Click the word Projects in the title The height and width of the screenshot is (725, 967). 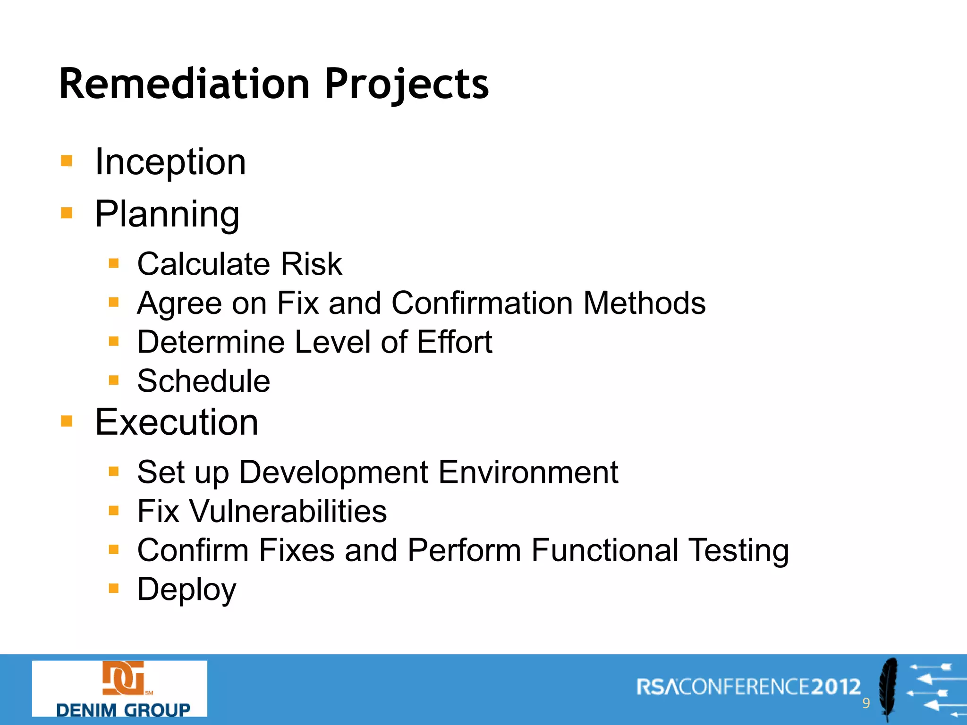pyautogui.click(x=407, y=85)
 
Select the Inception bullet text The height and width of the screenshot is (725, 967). pyautogui.click(x=170, y=162)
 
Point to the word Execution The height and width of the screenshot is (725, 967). pyautogui.click(x=177, y=422)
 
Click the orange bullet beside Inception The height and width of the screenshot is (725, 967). pyautogui.click(x=67, y=161)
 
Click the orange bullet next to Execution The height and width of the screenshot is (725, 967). pyautogui.click(x=67, y=421)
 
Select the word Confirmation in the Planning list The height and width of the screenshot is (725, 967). pyautogui.click(x=482, y=303)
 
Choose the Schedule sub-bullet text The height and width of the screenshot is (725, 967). pyautogui.click(x=204, y=381)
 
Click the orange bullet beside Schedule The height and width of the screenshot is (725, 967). pyautogui.click(x=114, y=380)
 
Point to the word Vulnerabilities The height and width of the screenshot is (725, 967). pyautogui.click(x=288, y=511)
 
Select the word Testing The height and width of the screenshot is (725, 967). pyautogui.click(x=738, y=551)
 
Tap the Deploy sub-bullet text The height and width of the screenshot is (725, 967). pyautogui.click(x=187, y=590)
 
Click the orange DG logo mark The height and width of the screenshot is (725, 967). pyautogui.click(x=123, y=678)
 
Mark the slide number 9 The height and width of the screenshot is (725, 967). pyautogui.click(x=866, y=703)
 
